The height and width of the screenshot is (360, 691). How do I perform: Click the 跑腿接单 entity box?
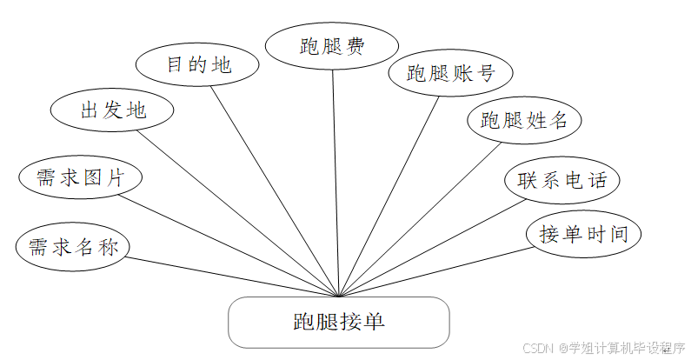click(338, 322)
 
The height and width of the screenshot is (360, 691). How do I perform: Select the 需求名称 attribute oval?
click(72, 246)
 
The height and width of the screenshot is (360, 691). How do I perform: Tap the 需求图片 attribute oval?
click(80, 177)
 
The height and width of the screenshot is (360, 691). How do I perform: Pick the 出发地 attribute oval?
click(112, 110)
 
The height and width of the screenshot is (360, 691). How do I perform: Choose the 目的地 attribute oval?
click(198, 64)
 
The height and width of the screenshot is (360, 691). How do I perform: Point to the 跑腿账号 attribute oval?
click(450, 73)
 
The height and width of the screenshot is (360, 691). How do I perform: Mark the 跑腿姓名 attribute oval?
click(523, 120)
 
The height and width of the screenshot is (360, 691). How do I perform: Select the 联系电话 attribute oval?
click(561, 181)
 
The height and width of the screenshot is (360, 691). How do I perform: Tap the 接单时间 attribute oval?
click(583, 234)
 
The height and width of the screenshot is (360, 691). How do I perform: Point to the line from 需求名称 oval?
click(226, 276)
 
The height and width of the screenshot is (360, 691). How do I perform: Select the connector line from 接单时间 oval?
click(435, 273)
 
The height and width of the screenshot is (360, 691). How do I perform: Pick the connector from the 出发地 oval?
click(235, 210)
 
